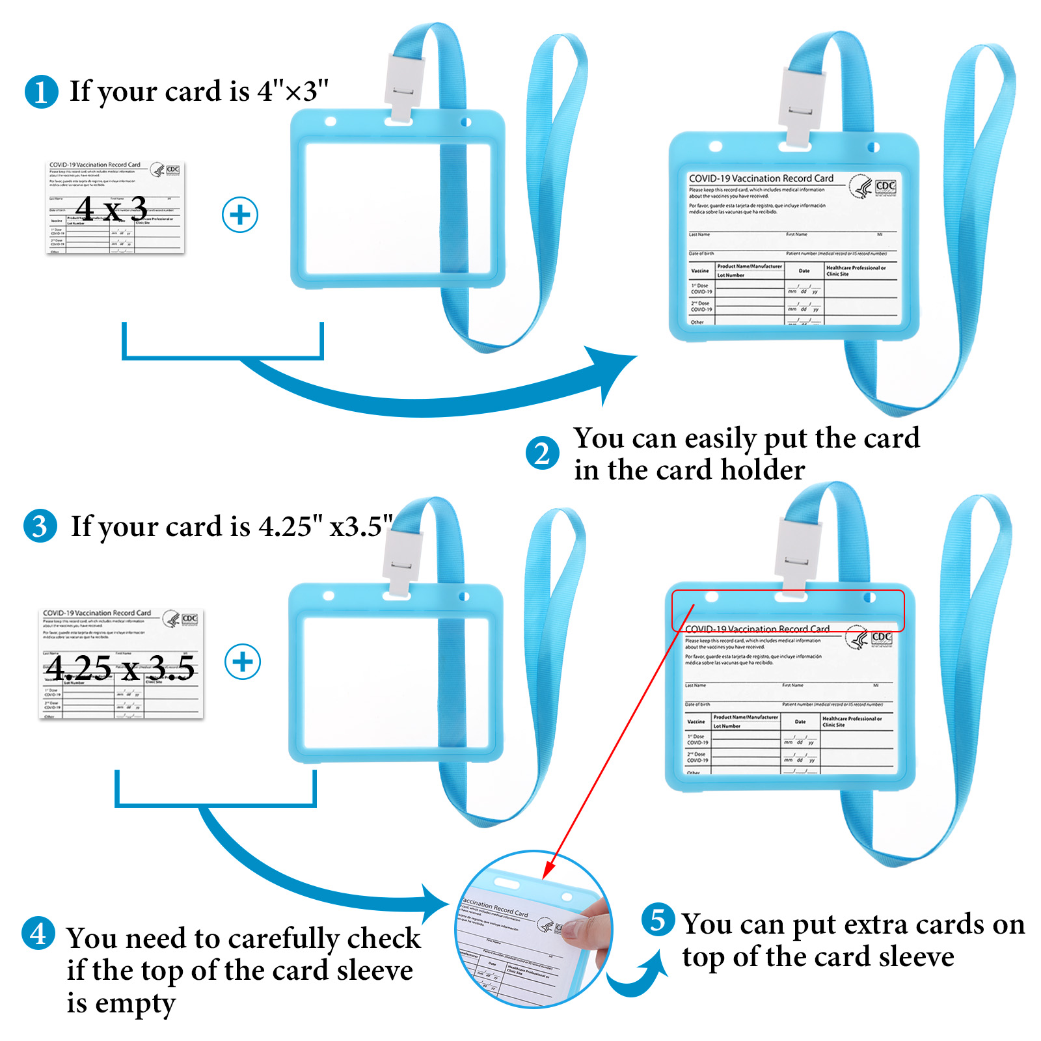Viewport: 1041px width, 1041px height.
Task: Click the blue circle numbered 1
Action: coord(41,92)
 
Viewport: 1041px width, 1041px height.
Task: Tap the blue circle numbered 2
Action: coord(542,453)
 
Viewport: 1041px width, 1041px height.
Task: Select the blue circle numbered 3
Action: coord(40,526)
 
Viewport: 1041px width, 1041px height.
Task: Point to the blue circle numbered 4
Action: coord(38,934)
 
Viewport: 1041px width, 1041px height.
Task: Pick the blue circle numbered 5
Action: coord(658,920)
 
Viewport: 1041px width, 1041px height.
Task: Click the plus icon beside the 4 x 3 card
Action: coord(240,215)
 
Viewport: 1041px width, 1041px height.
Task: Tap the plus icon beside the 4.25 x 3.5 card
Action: coord(242,662)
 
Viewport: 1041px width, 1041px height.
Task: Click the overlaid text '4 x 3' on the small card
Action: coord(111,208)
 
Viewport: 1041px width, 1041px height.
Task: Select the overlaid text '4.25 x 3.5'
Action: coord(120,668)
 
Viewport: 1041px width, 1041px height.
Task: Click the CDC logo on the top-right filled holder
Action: coord(886,186)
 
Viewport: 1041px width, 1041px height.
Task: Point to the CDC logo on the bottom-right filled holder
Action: coord(881,638)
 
